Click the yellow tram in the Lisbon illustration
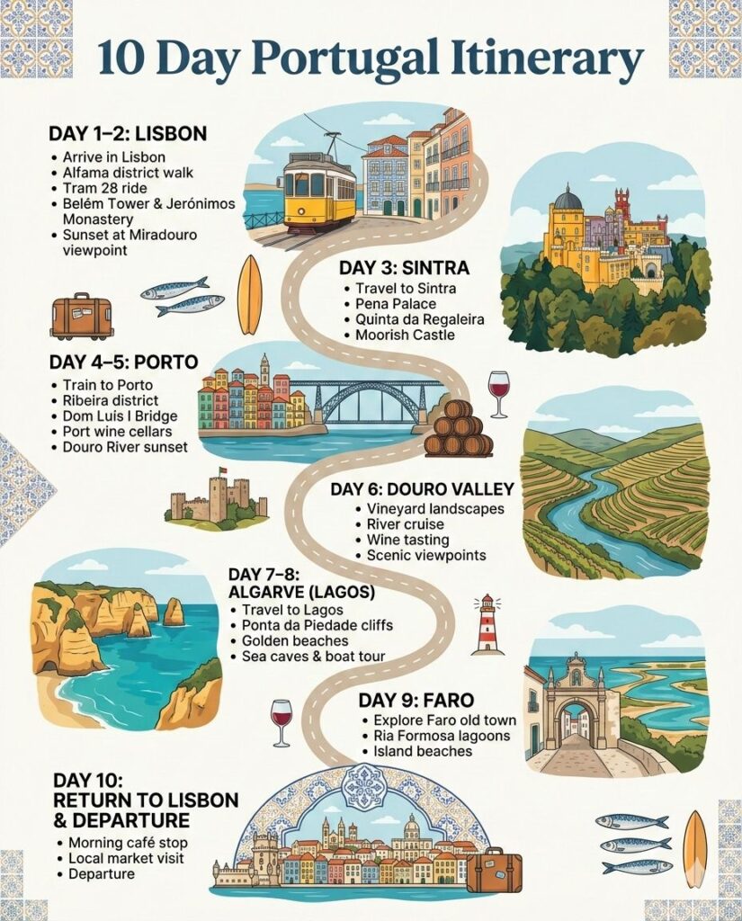pyautogui.click(x=319, y=191)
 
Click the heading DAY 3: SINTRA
pyautogui.click(x=404, y=268)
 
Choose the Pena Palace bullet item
pyautogui.click(x=396, y=304)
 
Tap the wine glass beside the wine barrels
pyautogui.click(x=498, y=393)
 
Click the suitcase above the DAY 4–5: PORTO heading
pyautogui.click(x=82, y=317)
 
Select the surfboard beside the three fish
pyautogui.click(x=695, y=848)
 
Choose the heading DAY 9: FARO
pyautogui.click(x=416, y=700)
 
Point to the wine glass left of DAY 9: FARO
pyautogui.click(x=282, y=721)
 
